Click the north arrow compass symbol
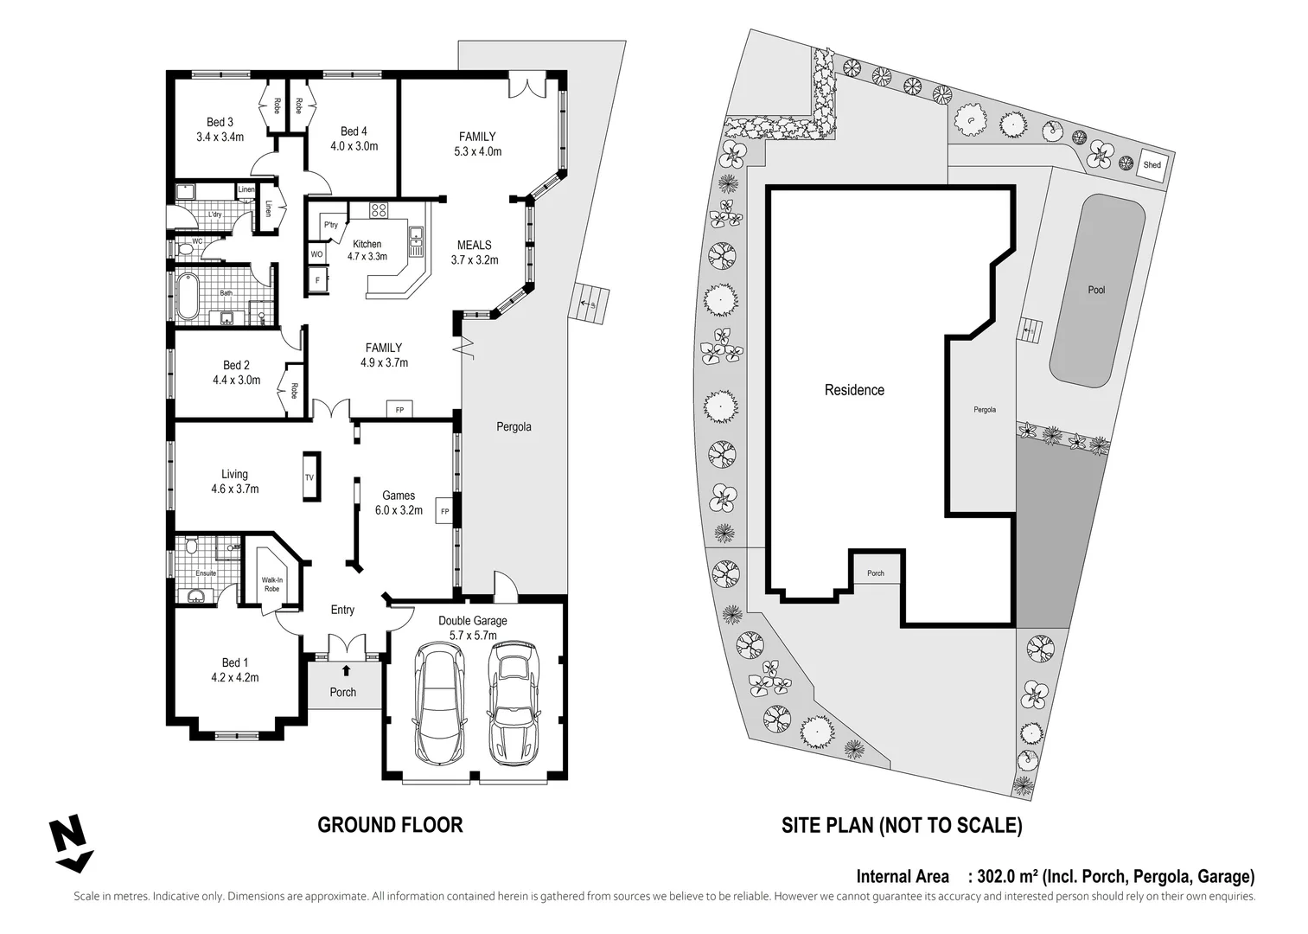pos(70,842)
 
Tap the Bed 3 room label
pos(220,122)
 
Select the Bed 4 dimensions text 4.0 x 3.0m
pos(354,146)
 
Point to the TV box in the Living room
pos(309,477)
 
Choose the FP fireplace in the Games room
pos(444,511)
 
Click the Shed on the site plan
pos(1152,165)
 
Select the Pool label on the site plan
pos(1096,290)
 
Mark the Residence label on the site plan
pos(854,390)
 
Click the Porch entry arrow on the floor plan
pos(346,670)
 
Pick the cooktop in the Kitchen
pos(379,209)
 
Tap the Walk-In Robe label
pos(272,584)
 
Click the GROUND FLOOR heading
pos(390,825)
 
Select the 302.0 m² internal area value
pos(1006,876)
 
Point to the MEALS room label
pos(474,246)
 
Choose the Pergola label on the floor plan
pos(514,426)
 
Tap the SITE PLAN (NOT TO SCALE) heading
pos(902,825)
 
